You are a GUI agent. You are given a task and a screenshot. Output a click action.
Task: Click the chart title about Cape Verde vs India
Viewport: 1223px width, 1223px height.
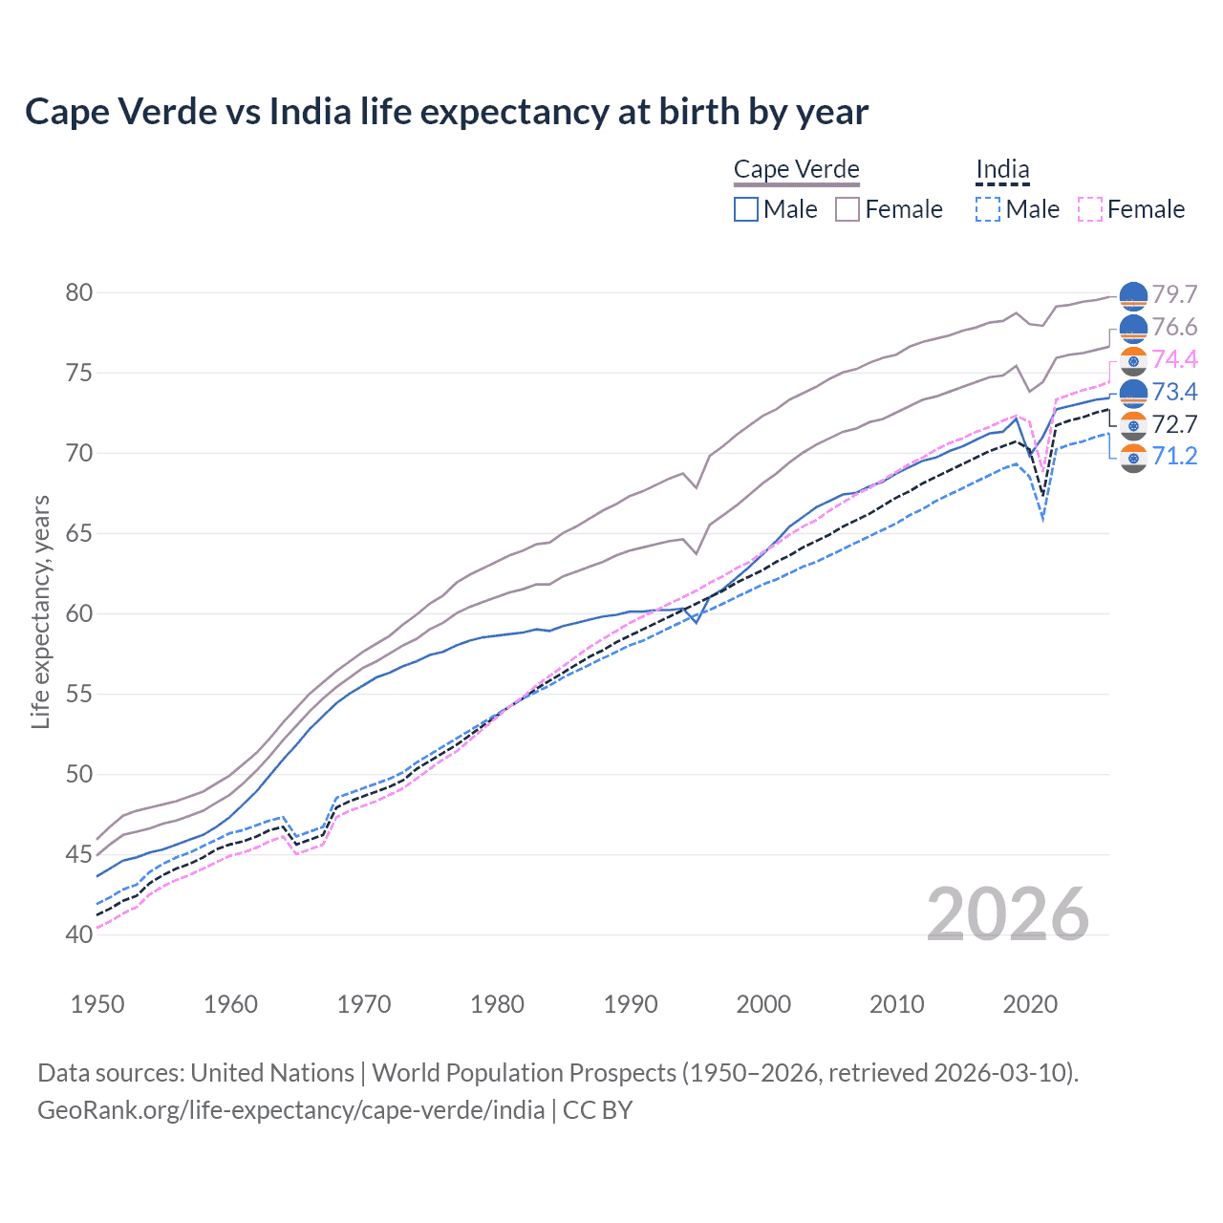pos(446,112)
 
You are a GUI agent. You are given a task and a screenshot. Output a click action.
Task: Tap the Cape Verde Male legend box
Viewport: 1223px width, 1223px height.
pos(746,209)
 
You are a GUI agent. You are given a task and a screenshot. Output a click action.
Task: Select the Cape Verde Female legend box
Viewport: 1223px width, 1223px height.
pos(848,209)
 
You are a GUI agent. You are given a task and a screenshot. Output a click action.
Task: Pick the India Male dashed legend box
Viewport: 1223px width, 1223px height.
pos(988,209)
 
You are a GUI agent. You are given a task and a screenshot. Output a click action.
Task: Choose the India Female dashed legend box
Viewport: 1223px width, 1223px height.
pos(1090,209)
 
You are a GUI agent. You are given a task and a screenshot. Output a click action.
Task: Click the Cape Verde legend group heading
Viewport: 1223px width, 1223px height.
pos(797,170)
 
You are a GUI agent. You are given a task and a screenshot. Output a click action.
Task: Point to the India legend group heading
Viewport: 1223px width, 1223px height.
pos(1002,170)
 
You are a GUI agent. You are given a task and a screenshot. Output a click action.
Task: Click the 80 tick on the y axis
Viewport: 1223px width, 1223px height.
pos(79,292)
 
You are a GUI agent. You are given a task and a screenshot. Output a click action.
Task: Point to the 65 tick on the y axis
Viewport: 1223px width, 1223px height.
pos(79,533)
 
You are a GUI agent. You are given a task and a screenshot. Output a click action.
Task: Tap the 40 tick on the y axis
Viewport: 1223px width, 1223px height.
pos(79,934)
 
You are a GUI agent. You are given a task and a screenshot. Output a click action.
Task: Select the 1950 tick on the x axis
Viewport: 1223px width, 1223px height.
pos(97,1004)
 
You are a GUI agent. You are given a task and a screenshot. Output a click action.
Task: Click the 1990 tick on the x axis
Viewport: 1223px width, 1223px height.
pos(631,1004)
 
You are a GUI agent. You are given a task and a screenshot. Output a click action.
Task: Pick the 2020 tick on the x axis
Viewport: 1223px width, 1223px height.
pos(1030,1004)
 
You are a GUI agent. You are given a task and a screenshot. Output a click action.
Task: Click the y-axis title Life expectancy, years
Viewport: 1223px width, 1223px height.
pos(40,611)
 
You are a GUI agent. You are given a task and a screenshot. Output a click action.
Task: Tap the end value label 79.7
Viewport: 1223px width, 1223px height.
pos(1174,294)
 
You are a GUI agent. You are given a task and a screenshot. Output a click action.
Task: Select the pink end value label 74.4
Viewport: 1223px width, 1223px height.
pos(1174,359)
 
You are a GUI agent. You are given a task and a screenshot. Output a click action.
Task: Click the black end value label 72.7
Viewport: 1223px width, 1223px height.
pos(1174,424)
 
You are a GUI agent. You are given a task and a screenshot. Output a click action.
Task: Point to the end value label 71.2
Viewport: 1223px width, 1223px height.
pos(1174,457)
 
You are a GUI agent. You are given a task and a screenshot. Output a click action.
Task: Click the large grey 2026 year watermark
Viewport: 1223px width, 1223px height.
pos(1008,914)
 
